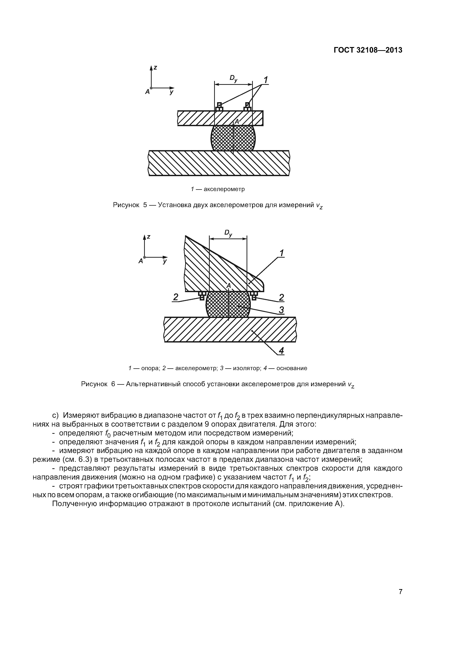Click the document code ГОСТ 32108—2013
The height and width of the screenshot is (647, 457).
pos(368,50)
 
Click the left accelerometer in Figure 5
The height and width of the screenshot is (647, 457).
pos(219,107)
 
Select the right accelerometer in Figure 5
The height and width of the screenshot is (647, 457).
pos(247,107)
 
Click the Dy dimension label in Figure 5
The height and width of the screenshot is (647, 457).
pos(233,79)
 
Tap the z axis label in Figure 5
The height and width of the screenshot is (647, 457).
pos(155,68)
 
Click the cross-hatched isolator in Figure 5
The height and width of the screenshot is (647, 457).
pos(233,138)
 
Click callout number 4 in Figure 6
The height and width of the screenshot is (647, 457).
pos(281,351)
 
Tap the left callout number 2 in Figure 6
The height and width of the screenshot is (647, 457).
pos(176,297)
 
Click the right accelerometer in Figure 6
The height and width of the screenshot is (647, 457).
pos(254,296)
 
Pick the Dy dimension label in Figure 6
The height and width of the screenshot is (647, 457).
pos(228,233)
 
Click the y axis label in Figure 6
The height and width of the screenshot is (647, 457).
pos(165,261)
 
